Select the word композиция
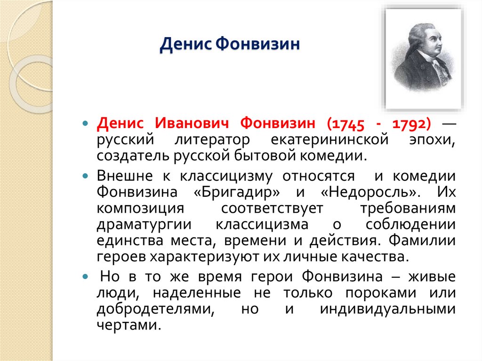click(137, 209)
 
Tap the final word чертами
click(128, 326)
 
